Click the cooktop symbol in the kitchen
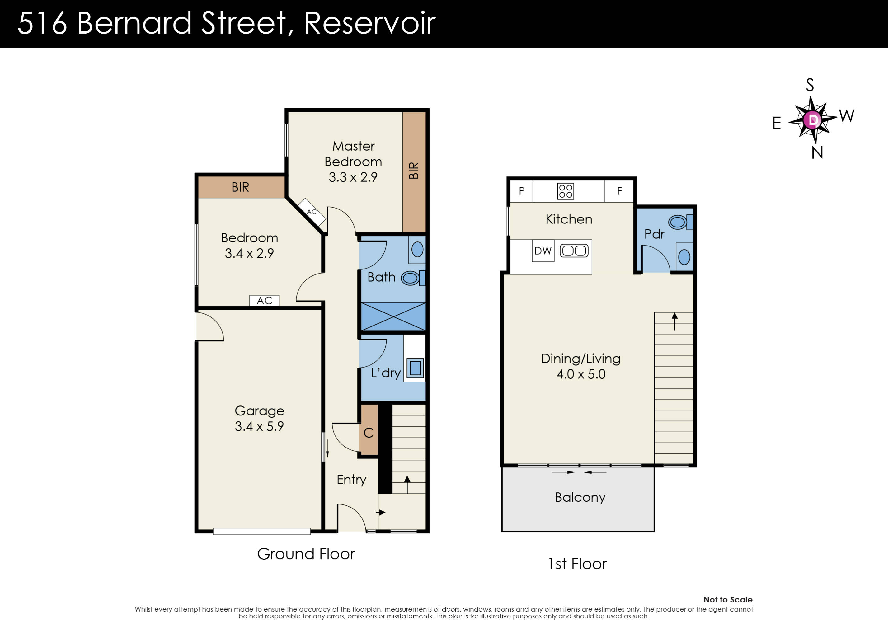point(566,191)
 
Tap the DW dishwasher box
point(543,251)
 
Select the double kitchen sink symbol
point(574,251)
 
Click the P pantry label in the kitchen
point(521,191)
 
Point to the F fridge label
point(619,191)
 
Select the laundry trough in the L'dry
point(415,368)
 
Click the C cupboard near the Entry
point(369,433)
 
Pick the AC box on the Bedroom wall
point(264,301)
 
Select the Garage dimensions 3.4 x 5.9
point(259,426)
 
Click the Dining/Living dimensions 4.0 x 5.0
point(581,374)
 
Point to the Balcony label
point(580,497)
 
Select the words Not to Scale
point(727,600)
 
